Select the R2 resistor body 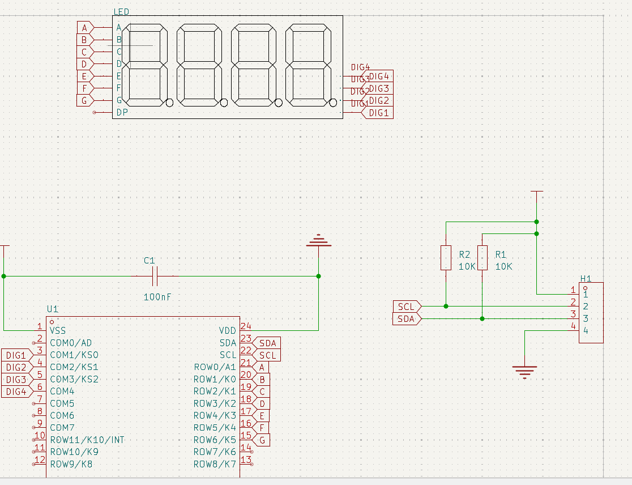click(x=446, y=258)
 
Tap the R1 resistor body click(x=482, y=258)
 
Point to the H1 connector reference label click(x=586, y=279)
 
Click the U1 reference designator click(x=52, y=309)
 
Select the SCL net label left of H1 click(x=407, y=307)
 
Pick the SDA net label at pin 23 click(x=268, y=343)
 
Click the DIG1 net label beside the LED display click(x=379, y=113)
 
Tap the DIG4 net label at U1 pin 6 click(x=16, y=392)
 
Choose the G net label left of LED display click(x=84, y=100)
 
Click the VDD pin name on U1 click(x=228, y=330)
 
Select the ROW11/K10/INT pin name click(x=87, y=440)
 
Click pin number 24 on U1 click(x=246, y=326)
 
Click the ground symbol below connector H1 click(x=525, y=371)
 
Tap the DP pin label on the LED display click(x=122, y=112)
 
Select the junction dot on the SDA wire click(x=482, y=318)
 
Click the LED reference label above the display click(x=121, y=12)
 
